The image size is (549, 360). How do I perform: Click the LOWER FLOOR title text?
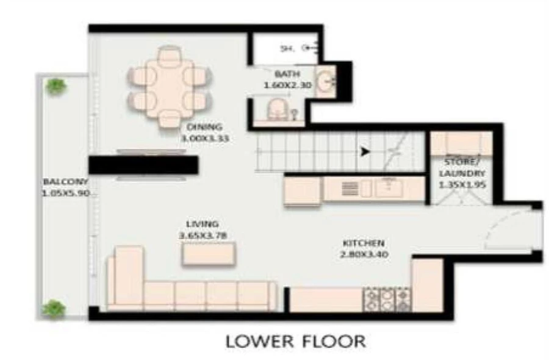click(x=296, y=340)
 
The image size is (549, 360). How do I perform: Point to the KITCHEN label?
click(x=363, y=242)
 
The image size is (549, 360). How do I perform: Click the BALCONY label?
click(x=65, y=181)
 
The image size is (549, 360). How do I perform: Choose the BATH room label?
click(x=287, y=74)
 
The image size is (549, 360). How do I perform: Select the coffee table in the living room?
click(x=208, y=254)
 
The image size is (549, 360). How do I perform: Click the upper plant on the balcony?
click(x=57, y=86)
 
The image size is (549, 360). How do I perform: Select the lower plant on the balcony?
click(x=54, y=308)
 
